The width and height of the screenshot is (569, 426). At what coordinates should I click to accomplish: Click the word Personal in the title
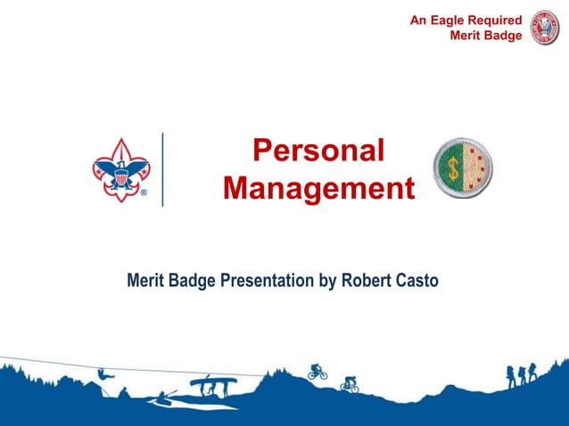[x=318, y=151]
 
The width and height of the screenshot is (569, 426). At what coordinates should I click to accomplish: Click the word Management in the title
[x=318, y=189]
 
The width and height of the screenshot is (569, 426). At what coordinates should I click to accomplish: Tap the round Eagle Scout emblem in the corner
[x=544, y=28]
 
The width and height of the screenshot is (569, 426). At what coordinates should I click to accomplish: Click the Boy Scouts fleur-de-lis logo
[x=120, y=168]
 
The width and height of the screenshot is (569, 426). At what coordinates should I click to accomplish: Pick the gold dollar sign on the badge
[x=453, y=168]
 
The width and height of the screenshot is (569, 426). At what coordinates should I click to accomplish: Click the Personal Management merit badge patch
[x=464, y=168]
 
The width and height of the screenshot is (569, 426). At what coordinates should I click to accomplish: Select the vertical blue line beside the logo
[x=162, y=169]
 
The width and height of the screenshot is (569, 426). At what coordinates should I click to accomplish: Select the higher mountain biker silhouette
[x=317, y=371]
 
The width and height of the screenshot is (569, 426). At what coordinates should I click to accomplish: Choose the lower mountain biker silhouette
[x=349, y=386]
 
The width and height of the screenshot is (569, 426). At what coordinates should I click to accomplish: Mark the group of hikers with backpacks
[x=522, y=374]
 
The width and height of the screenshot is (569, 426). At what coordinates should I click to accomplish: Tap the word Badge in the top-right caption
[x=502, y=36]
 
